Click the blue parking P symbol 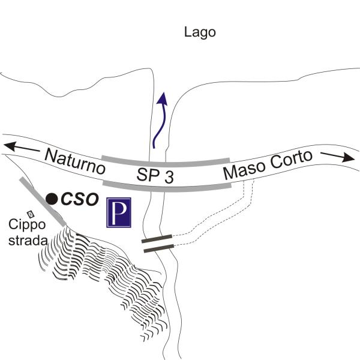point(119,213)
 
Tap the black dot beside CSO point(52,198)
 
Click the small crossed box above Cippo point(31,214)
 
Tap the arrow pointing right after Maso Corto point(339,157)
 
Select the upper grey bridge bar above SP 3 point(165,161)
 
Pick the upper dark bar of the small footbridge point(157,240)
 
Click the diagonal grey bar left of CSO point(42,201)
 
